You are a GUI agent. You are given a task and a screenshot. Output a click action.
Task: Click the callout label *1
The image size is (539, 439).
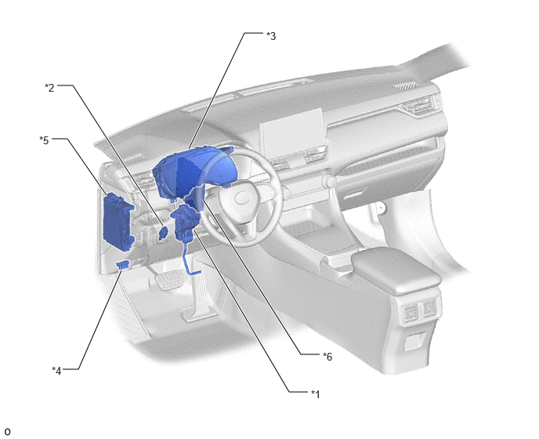click(x=315, y=394)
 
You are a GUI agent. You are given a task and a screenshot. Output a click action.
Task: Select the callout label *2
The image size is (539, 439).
click(x=49, y=88)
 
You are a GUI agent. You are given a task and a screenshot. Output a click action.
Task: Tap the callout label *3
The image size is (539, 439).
click(x=271, y=36)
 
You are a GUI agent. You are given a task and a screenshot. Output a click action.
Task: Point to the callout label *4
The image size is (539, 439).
click(x=56, y=371)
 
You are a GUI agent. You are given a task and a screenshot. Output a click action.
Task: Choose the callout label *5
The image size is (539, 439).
click(x=44, y=140)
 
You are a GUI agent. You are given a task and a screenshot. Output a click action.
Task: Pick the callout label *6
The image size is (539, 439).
click(x=327, y=357)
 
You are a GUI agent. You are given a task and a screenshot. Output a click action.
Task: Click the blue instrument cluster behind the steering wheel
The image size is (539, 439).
click(x=193, y=172)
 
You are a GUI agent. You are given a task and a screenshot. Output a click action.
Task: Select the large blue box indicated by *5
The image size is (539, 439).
click(x=118, y=220)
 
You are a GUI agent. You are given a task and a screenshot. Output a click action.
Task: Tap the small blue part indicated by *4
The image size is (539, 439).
click(x=123, y=264)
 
